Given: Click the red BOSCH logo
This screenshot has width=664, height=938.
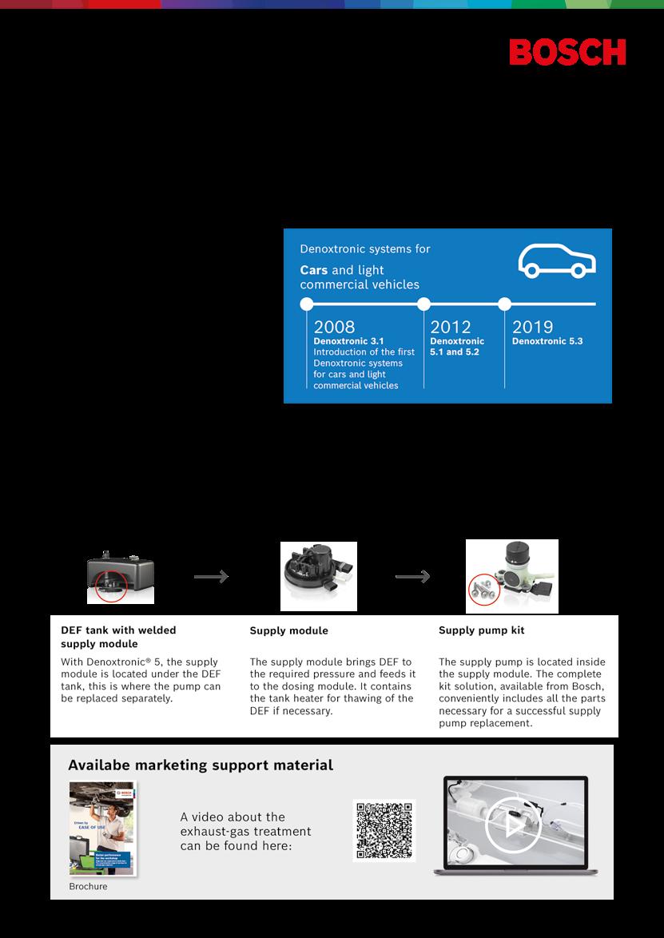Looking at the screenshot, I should click(x=567, y=52).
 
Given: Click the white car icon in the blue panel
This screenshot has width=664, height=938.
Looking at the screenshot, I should click(x=556, y=261).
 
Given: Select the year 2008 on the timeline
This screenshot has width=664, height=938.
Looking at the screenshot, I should click(x=334, y=326).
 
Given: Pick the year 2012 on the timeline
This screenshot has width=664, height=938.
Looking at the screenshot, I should click(x=451, y=326).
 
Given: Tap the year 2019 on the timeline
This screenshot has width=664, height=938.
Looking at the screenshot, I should click(x=532, y=326).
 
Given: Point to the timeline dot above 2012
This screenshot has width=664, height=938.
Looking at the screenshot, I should click(x=424, y=304).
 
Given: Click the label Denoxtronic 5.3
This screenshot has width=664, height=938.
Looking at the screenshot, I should click(x=547, y=341).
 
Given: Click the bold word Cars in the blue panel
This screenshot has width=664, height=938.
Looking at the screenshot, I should click(x=313, y=270).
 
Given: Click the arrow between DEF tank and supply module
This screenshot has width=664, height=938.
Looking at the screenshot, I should click(x=211, y=577).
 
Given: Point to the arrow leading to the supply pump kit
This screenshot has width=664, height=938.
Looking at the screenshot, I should click(x=413, y=577).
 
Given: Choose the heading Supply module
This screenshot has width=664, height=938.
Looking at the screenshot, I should click(x=288, y=630).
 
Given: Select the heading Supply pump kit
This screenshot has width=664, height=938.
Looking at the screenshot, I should click(x=481, y=630).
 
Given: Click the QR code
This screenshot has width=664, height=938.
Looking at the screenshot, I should click(x=384, y=831).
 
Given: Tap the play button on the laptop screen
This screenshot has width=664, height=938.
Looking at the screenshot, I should click(x=512, y=825).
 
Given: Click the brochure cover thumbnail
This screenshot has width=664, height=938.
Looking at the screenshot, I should click(x=101, y=829).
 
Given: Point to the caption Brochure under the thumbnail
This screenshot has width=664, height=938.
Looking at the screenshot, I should click(x=88, y=886).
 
